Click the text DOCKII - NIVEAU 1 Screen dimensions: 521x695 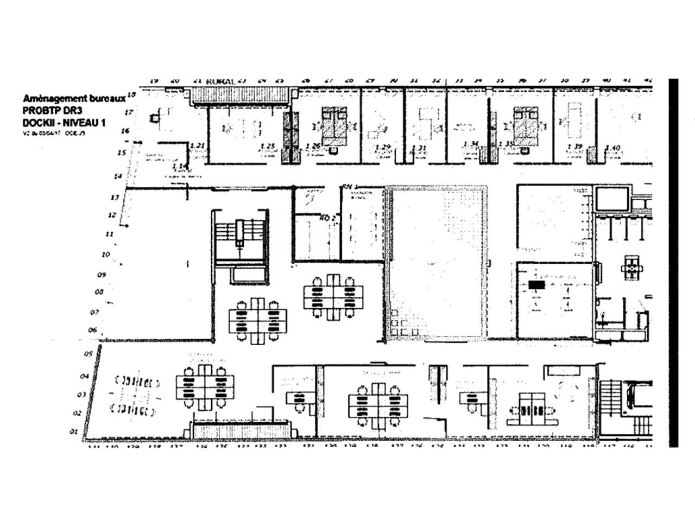64,123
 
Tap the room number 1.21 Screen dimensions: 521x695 198,146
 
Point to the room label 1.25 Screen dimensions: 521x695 268,146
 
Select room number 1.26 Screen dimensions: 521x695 313,146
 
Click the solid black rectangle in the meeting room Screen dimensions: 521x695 536,284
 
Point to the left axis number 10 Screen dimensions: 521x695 105,254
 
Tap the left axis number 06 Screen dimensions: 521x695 93,330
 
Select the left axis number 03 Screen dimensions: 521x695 81,394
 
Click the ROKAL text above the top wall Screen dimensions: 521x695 220,81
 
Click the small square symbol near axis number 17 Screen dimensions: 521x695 155,116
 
